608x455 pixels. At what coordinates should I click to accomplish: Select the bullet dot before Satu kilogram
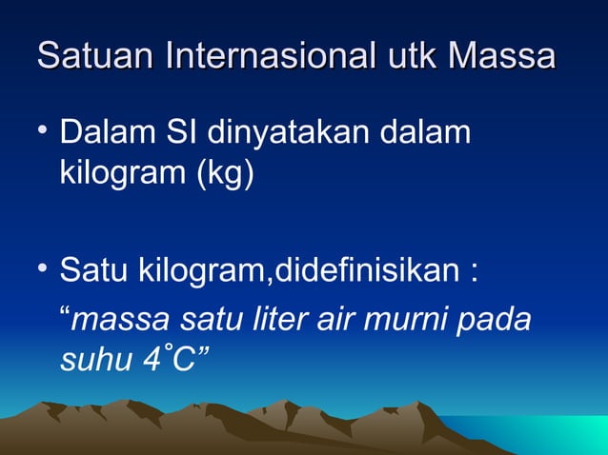[x=43, y=270]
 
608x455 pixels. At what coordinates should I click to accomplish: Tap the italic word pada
[x=497, y=319]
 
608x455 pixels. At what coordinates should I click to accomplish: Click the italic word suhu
[x=93, y=361]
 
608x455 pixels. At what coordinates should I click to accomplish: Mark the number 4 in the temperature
[x=151, y=361]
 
